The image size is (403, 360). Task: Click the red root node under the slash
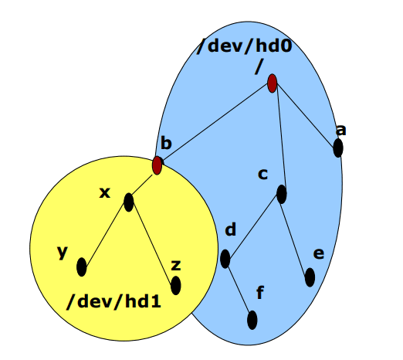click(x=272, y=83)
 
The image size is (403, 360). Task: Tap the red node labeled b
click(x=157, y=165)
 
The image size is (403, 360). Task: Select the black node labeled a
click(x=338, y=148)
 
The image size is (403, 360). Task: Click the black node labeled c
click(x=282, y=194)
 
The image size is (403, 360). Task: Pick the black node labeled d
click(x=225, y=259)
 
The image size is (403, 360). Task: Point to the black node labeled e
click(x=310, y=277)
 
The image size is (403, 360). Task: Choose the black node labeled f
click(x=252, y=320)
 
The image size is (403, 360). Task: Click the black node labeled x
click(x=129, y=202)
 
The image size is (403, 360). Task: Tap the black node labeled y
click(x=82, y=267)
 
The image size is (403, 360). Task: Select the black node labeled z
click(x=176, y=286)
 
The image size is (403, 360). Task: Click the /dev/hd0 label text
click(x=244, y=46)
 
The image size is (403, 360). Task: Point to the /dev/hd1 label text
click(x=113, y=301)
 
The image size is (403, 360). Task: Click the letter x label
click(x=105, y=192)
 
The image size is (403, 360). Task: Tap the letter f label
click(x=260, y=292)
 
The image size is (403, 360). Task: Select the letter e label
click(x=319, y=253)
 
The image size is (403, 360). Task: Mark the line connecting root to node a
click(x=305, y=115)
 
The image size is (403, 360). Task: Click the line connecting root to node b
click(x=215, y=123)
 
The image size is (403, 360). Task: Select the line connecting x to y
click(x=105, y=235)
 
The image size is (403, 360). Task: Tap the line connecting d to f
click(x=239, y=290)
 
